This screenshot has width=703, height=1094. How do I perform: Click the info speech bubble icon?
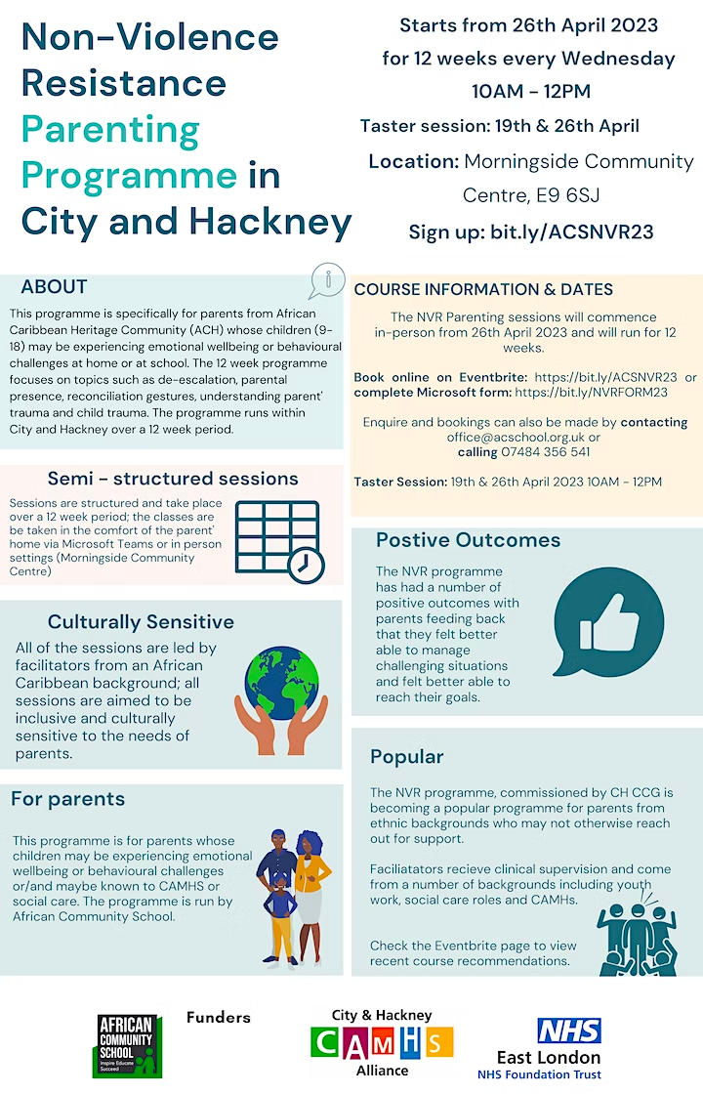click(327, 280)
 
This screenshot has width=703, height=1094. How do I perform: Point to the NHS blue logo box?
click(569, 1031)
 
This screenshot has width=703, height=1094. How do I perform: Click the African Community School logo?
click(128, 1045)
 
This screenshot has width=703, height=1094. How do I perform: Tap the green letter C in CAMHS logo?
click(324, 1041)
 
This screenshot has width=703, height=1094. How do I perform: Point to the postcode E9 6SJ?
click(556, 196)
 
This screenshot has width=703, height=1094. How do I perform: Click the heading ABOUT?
click(55, 287)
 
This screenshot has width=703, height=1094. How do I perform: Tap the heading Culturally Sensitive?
click(141, 622)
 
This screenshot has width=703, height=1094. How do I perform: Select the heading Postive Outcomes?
click(469, 540)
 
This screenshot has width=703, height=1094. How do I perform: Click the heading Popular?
click(407, 757)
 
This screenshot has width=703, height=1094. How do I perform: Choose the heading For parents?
click(68, 799)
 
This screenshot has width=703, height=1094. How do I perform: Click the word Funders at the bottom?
click(219, 1018)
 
